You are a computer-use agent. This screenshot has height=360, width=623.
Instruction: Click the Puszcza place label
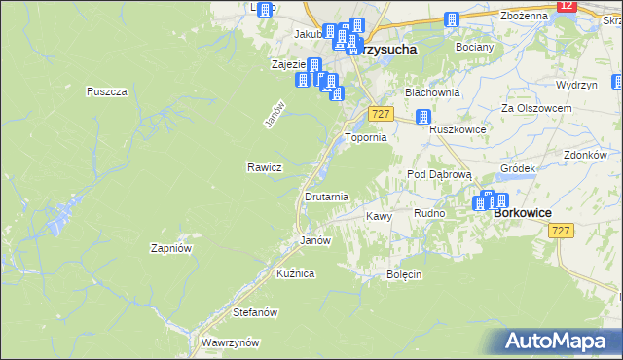click(x=107, y=91)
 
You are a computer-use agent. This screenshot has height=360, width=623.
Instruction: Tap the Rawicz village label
click(x=264, y=167)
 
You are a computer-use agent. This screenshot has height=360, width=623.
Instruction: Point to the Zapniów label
click(x=169, y=248)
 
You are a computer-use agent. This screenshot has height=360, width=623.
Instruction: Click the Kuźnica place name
click(x=295, y=274)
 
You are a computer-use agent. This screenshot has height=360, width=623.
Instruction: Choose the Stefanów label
click(x=256, y=313)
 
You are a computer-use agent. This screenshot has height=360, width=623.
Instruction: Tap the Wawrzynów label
click(x=229, y=343)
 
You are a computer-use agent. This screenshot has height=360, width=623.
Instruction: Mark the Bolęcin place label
click(x=404, y=274)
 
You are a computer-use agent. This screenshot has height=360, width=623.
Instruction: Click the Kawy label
click(x=378, y=216)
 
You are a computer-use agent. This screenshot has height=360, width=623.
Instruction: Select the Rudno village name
click(x=429, y=213)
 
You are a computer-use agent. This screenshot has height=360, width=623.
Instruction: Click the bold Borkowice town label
click(x=523, y=213)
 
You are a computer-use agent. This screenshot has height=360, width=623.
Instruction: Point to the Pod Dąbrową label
click(x=439, y=174)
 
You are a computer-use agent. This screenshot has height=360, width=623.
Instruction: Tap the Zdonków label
click(x=585, y=155)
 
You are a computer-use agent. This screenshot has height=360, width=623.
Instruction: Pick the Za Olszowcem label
click(x=534, y=108)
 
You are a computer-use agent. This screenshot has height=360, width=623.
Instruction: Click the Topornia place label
click(x=367, y=138)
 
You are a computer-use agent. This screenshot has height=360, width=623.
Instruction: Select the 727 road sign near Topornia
click(x=381, y=115)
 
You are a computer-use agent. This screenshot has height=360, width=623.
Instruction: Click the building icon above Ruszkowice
click(x=423, y=118)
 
